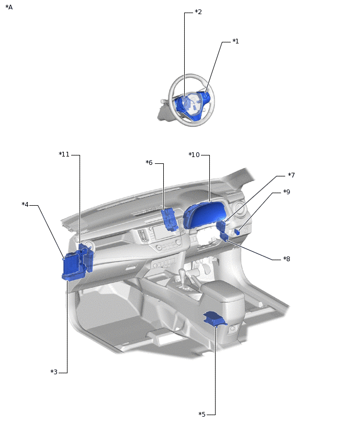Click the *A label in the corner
(x=9, y=7)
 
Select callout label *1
(x=235, y=41)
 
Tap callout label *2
(x=198, y=12)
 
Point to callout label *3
(x=54, y=372)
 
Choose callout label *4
(x=25, y=205)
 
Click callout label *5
(x=202, y=415)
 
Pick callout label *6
(x=149, y=163)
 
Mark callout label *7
(x=291, y=175)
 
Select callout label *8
(x=287, y=259)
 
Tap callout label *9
(x=287, y=192)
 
